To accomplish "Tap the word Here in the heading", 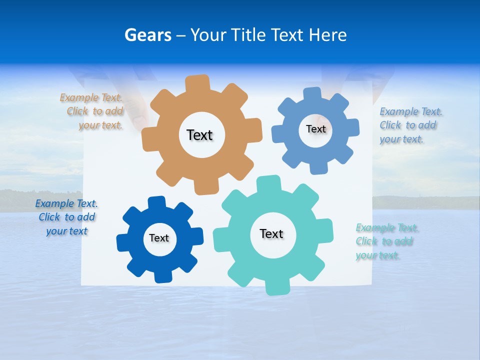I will pos(327,35).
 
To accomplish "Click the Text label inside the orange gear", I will pos(199,135).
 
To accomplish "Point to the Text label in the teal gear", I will pos(271,233).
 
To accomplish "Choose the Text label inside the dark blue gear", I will pos(159,238).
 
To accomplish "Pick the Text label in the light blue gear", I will pos(316,129).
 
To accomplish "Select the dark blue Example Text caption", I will pos(66,217).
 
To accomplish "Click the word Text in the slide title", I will pos(287,35).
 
